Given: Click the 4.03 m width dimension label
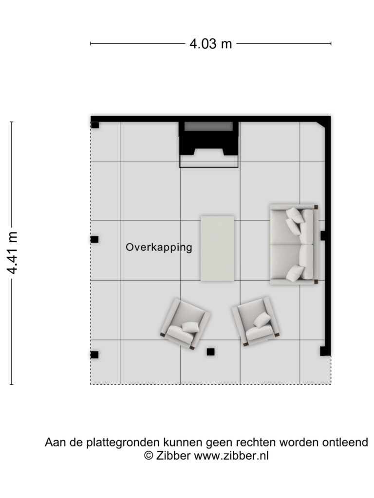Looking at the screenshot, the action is click(x=210, y=43).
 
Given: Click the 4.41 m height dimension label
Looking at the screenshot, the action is click(x=13, y=253).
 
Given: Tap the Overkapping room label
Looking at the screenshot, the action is click(x=159, y=248).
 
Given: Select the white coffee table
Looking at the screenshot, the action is click(x=218, y=249).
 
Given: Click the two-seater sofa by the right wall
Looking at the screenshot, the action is click(x=294, y=244).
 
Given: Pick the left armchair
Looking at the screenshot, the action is click(x=185, y=323).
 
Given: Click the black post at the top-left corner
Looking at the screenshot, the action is click(x=95, y=125).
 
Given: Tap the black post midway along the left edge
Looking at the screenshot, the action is click(x=94, y=239).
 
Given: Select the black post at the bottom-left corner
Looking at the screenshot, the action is click(x=94, y=355).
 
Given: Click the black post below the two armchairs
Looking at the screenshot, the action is click(x=210, y=352).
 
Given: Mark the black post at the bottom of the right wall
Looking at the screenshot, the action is click(x=324, y=351).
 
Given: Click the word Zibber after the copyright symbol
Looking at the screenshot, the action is click(x=173, y=456).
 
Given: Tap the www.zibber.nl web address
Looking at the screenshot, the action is click(x=231, y=456).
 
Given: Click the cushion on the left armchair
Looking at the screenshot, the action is click(x=190, y=327).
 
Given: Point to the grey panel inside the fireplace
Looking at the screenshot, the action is click(x=208, y=126).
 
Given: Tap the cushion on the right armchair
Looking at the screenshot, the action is click(x=262, y=320).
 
